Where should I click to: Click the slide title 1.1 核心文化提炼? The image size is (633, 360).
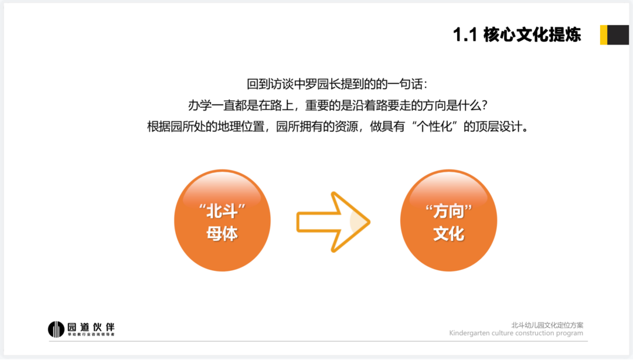(x=517, y=35)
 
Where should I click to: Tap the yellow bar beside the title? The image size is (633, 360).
(x=604, y=35)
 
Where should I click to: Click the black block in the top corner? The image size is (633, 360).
(x=618, y=35)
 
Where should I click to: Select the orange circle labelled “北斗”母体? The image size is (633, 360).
(x=223, y=220)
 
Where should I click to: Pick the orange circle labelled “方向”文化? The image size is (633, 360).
(x=448, y=220)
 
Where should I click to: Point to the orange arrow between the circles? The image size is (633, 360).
(x=333, y=222)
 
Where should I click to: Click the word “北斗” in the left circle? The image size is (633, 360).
(x=223, y=211)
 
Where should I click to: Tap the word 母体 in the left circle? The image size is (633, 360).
(x=222, y=233)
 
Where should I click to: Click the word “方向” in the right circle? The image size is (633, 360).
(x=448, y=211)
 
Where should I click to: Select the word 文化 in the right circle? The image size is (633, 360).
(x=448, y=233)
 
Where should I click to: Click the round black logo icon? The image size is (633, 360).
(x=56, y=329)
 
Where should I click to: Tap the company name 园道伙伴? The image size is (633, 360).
(x=91, y=327)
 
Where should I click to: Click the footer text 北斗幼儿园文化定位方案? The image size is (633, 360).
(x=547, y=325)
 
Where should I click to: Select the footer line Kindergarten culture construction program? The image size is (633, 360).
(x=516, y=334)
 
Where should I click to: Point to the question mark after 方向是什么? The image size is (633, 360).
(x=485, y=106)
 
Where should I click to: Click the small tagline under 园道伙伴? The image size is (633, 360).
(x=91, y=335)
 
